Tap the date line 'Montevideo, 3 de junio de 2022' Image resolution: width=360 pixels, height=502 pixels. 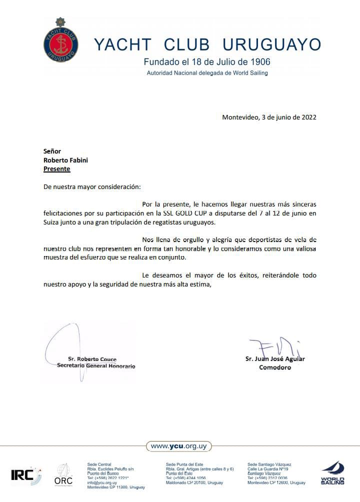269,117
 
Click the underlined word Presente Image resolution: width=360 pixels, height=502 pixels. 57,169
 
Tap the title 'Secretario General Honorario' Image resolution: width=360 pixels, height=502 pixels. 96,366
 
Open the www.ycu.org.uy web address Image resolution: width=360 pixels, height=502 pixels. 179,446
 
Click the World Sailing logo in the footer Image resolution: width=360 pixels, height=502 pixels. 332,473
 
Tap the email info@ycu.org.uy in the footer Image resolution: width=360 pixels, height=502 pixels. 102,482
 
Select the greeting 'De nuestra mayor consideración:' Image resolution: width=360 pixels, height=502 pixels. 92,187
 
